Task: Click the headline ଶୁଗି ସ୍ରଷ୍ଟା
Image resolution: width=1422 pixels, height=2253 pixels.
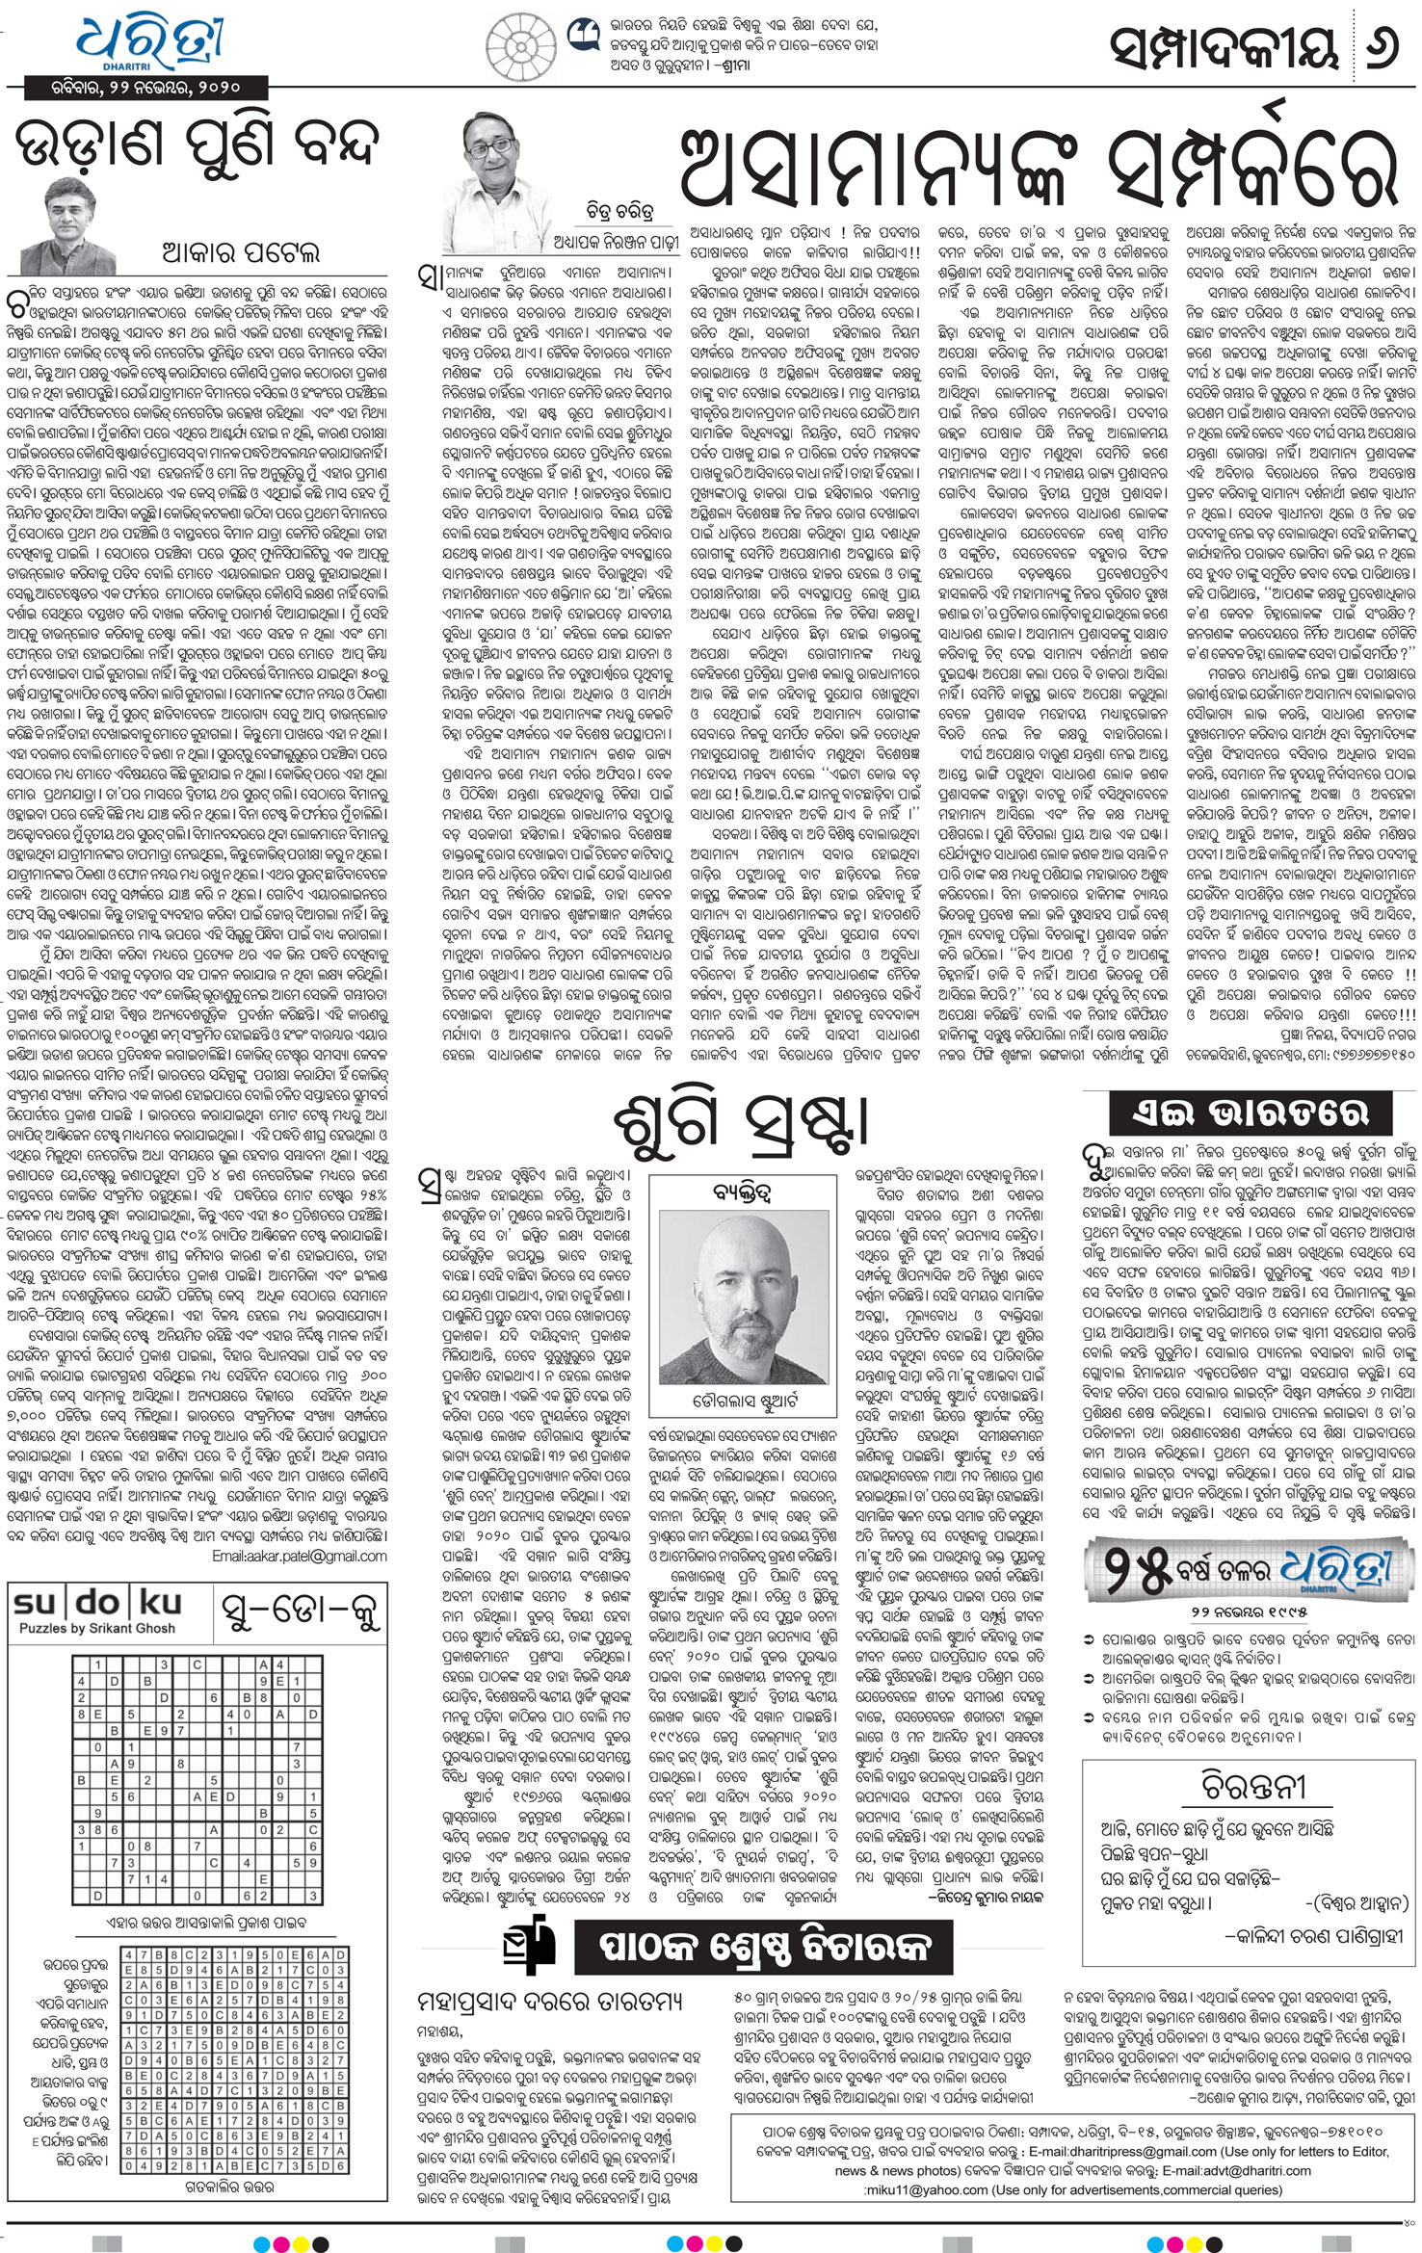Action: (741, 1122)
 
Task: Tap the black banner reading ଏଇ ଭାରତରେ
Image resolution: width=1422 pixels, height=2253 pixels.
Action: (1263, 1113)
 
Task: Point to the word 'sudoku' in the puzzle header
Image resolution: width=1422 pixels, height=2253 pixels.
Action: (96, 1603)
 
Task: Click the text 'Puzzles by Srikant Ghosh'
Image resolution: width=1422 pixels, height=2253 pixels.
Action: (97, 1628)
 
